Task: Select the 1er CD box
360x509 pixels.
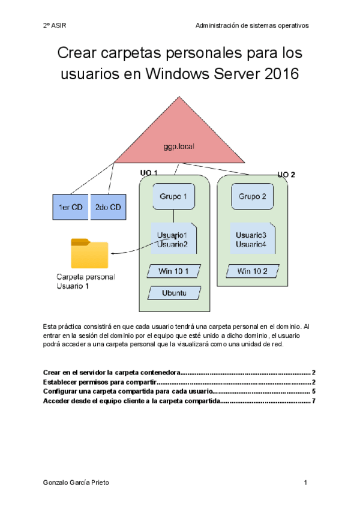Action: (70, 207)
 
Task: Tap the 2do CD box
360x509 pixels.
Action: (108, 207)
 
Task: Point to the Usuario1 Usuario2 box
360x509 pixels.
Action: (173, 239)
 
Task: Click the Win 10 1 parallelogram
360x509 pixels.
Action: (173, 271)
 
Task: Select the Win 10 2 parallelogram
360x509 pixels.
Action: (252, 271)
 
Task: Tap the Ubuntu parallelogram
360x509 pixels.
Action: (173, 294)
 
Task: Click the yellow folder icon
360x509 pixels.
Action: (89, 253)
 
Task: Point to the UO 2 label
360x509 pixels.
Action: (286, 174)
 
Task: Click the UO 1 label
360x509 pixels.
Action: (148, 173)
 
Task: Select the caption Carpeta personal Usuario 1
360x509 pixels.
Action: (85, 282)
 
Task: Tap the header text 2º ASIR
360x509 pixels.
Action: (55, 26)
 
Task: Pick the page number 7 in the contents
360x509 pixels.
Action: (314, 401)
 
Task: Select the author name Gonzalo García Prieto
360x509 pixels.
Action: (76, 483)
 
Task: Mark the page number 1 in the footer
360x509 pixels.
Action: (305, 483)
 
